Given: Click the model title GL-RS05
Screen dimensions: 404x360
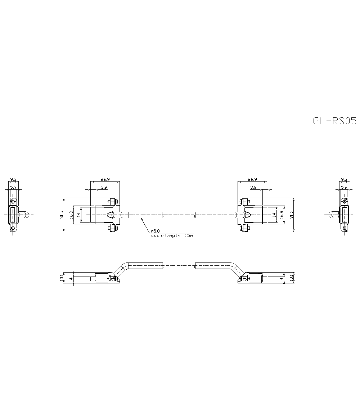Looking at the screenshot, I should point(334,121).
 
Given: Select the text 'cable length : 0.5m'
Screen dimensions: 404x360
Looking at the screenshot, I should point(172,235).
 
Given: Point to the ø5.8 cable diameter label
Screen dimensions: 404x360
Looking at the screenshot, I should point(156,230).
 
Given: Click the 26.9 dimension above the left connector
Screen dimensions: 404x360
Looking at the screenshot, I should point(105,179).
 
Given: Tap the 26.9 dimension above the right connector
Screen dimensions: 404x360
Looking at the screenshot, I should point(252,179).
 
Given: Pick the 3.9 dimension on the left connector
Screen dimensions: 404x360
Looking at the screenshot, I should point(104,187).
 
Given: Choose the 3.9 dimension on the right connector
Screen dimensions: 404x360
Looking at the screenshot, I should point(253,187).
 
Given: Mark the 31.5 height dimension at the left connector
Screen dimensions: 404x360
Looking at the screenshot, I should point(62,215).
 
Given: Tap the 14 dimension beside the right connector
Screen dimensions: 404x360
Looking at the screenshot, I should point(274,215).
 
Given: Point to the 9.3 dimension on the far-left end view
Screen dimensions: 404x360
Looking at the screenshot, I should point(13,179).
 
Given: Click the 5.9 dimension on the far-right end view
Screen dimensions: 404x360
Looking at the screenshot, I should point(344,187).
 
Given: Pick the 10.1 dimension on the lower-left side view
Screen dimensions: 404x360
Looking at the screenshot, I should point(62,278).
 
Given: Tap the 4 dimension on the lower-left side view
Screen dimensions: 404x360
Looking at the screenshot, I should point(71,278).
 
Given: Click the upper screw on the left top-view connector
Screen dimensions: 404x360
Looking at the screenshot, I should point(113,201).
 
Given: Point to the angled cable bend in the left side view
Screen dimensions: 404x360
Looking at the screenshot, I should point(121,269).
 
